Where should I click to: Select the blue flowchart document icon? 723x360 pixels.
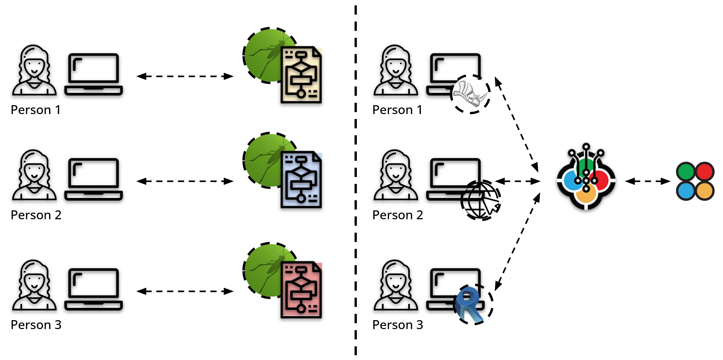click(x=301, y=180)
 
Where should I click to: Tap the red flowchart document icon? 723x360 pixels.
click(x=301, y=290)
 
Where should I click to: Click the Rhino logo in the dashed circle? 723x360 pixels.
click(x=470, y=94)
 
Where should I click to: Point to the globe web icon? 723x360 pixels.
click(x=480, y=200)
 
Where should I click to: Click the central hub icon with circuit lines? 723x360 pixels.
click(x=586, y=178)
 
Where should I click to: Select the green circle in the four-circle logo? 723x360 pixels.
click(x=686, y=171)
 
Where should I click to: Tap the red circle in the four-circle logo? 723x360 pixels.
click(x=704, y=171)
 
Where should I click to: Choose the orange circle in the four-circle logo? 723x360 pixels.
click(x=704, y=191)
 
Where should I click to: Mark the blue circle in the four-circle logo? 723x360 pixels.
click(x=686, y=191)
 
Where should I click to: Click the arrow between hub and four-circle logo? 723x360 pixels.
click(x=648, y=181)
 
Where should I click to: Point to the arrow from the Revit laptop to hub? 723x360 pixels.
click(x=517, y=242)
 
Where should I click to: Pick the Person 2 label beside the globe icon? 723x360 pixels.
click(x=397, y=215)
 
